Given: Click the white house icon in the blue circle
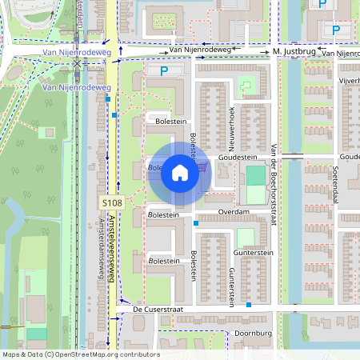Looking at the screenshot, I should click(180, 173).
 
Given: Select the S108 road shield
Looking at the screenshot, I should click(112, 204).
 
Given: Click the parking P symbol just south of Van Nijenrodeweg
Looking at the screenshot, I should click(164, 71).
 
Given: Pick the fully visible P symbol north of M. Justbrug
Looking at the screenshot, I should click(336, 30).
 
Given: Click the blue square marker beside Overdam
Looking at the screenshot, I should click(196, 224).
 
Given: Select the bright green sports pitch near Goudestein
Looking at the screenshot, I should click(254, 175).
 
